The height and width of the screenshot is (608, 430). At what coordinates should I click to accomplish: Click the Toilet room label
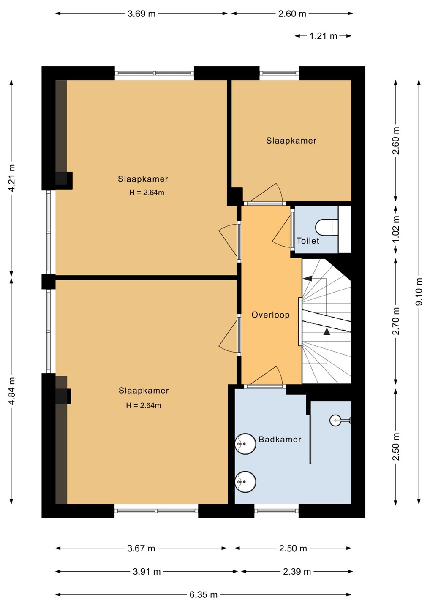[x=308, y=241]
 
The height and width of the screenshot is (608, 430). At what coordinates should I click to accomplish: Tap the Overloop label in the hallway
[x=270, y=315]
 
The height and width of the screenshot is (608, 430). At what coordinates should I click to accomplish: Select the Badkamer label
[x=280, y=440]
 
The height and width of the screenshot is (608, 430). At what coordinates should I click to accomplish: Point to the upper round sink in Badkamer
[x=245, y=444]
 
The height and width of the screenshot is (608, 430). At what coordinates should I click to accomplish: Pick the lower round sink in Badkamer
[x=245, y=482]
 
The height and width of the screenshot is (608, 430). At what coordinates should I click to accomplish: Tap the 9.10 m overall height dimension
[x=419, y=291]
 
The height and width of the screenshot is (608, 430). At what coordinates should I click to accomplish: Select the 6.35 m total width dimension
[x=204, y=595]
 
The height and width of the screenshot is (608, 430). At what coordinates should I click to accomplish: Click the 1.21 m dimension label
[x=323, y=36]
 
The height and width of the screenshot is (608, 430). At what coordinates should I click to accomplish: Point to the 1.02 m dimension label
[x=396, y=229]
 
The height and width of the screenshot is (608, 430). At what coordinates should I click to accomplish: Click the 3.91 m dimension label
[x=147, y=572]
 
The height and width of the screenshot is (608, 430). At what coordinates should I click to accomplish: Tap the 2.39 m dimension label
[x=297, y=572]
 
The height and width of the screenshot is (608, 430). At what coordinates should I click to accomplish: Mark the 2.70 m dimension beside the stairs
[x=396, y=321]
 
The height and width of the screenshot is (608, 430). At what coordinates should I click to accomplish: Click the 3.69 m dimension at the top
[x=142, y=14]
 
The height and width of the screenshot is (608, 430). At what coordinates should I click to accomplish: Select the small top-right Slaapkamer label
[x=291, y=141]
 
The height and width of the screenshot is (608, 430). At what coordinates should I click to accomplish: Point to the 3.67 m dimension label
[x=141, y=548]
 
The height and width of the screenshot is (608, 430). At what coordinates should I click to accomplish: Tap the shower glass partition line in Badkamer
[x=310, y=439]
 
